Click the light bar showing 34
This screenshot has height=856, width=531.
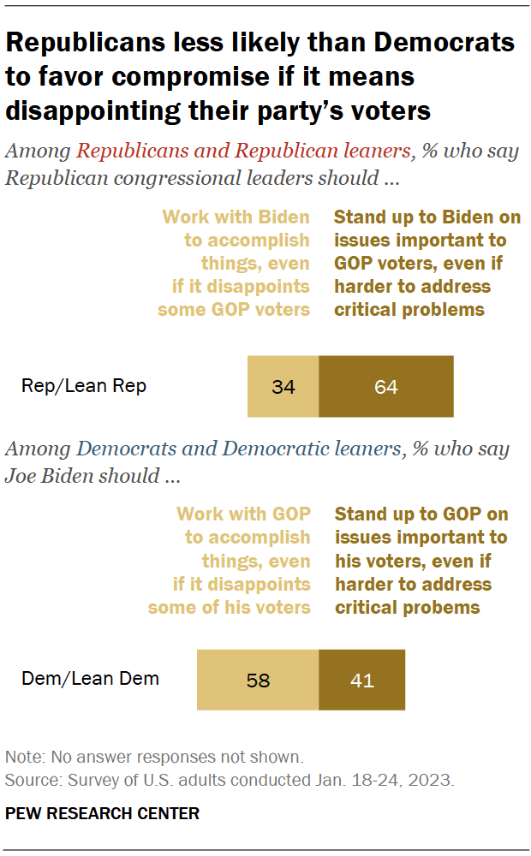(x=283, y=387)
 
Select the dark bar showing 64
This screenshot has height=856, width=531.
(x=386, y=387)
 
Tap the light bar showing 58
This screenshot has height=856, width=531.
(x=258, y=680)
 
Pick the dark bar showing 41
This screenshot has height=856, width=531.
(x=362, y=680)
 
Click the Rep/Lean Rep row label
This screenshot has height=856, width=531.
(x=84, y=386)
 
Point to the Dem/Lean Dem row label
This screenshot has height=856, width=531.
(x=90, y=679)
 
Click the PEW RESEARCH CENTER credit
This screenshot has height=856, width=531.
(x=102, y=813)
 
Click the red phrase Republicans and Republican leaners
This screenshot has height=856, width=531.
(x=242, y=152)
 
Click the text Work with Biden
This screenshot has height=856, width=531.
(x=236, y=217)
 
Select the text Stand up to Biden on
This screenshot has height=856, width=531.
(x=427, y=217)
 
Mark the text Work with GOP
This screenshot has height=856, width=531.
(x=243, y=514)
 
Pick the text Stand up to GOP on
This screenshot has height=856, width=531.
(x=421, y=514)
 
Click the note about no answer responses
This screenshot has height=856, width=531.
(x=154, y=757)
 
